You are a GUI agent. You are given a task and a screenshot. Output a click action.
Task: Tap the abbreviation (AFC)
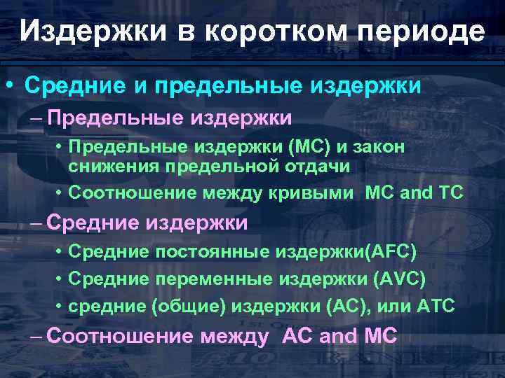pyautogui.click(x=384, y=251)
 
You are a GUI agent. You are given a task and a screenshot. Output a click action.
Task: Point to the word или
pyautogui.click(x=393, y=305)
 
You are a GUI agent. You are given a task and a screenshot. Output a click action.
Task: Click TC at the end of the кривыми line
pyautogui.click(x=450, y=193)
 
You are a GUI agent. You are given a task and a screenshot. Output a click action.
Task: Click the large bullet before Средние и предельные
pyautogui.click(x=11, y=86)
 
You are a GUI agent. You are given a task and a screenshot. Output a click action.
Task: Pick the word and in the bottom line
pyautogui.click(x=337, y=336)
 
